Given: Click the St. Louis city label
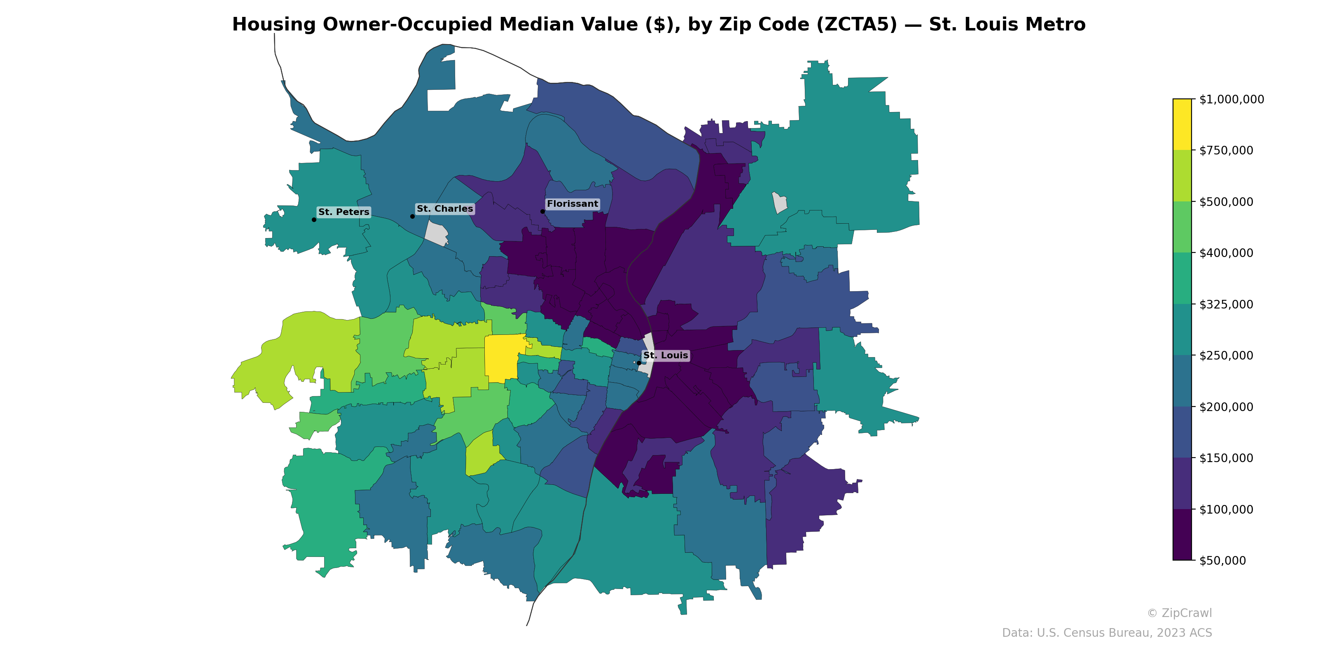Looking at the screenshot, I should pyautogui.click(x=665, y=355).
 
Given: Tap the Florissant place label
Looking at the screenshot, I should pyautogui.click(x=572, y=203).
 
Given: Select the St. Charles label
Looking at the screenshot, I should pyautogui.click(x=445, y=209).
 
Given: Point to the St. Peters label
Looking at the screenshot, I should pyautogui.click(x=344, y=212).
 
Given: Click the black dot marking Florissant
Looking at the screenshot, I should pyautogui.click(x=542, y=211).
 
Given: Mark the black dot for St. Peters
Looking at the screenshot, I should pyautogui.click(x=313, y=220).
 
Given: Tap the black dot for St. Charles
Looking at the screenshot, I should pyautogui.click(x=412, y=216).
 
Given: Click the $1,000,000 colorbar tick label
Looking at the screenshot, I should pyautogui.click(x=1231, y=99).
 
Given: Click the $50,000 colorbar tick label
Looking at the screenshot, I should pyautogui.click(x=1222, y=560).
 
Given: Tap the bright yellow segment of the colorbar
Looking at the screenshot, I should pyautogui.click(x=1182, y=124).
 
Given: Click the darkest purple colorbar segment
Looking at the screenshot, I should pyautogui.click(x=1182, y=535).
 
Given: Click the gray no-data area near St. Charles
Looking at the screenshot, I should pyautogui.click(x=436, y=234).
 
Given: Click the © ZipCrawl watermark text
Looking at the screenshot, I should pyautogui.click(x=1179, y=613).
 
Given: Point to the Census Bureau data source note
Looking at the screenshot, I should pyautogui.click(x=1107, y=633).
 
